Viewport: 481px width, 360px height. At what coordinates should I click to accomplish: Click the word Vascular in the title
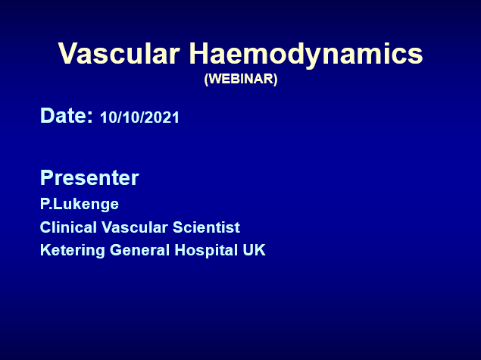point(119,53)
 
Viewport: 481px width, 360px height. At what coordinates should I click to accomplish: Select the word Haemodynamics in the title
point(306,55)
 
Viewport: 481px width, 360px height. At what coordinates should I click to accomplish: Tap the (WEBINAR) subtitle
point(241,79)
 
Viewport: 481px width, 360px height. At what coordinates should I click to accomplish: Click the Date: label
point(66,116)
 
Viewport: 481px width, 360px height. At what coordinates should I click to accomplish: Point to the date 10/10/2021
point(139,117)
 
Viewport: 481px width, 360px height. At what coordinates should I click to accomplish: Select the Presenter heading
point(89,177)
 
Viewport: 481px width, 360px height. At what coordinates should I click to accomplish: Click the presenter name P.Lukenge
point(80,205)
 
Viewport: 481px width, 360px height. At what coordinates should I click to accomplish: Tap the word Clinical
point(68,227)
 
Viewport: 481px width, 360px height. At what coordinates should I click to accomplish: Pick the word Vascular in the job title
point(135,227)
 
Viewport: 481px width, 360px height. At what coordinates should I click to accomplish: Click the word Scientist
point(206,227)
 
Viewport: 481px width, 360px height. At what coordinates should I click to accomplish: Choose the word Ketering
point(73,250)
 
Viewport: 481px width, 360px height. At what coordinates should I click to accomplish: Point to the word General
point(140,250)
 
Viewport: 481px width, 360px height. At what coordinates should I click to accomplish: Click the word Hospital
point(206,250)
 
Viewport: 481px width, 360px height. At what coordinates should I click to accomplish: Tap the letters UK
point(254,250)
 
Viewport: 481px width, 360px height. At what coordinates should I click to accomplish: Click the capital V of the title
point(68,53)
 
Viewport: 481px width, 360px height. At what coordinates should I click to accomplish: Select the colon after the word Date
point(89,117)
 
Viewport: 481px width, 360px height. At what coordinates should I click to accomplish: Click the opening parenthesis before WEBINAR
point(207,80)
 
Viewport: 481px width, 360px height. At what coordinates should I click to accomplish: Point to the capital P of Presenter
point(47,177)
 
